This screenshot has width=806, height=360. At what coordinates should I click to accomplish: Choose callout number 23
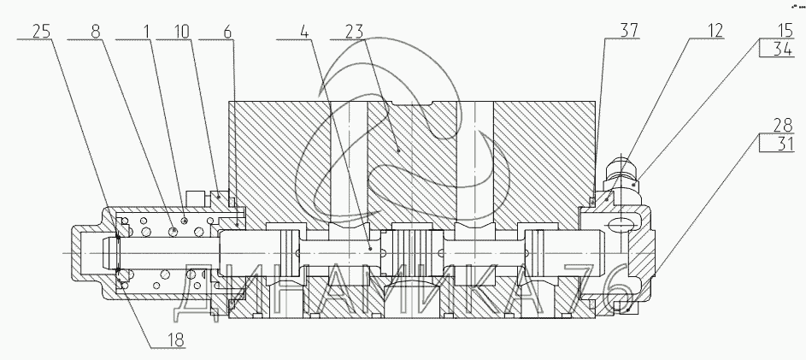[x=351, y=32]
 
